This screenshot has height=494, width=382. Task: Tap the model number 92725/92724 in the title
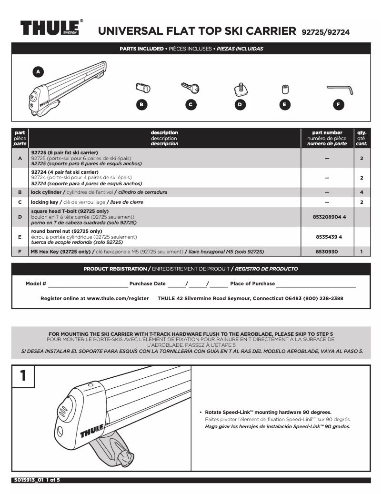coord(325,32)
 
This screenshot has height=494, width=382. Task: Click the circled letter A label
coord(38,71)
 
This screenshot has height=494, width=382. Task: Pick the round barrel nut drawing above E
coord(285,89)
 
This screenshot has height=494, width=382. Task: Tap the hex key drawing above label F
coord(340,89)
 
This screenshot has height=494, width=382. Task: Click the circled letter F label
coord(338,105)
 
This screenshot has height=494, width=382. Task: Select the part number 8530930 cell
coord(327,251)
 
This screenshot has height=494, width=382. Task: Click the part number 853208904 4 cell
coord(327,217)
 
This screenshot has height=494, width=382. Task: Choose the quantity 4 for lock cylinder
coord(362,192)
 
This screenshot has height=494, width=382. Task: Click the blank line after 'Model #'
coord(88,284)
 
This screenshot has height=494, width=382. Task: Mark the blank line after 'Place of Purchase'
coord(316,284)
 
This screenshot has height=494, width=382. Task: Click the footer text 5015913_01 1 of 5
coord(36,480)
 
